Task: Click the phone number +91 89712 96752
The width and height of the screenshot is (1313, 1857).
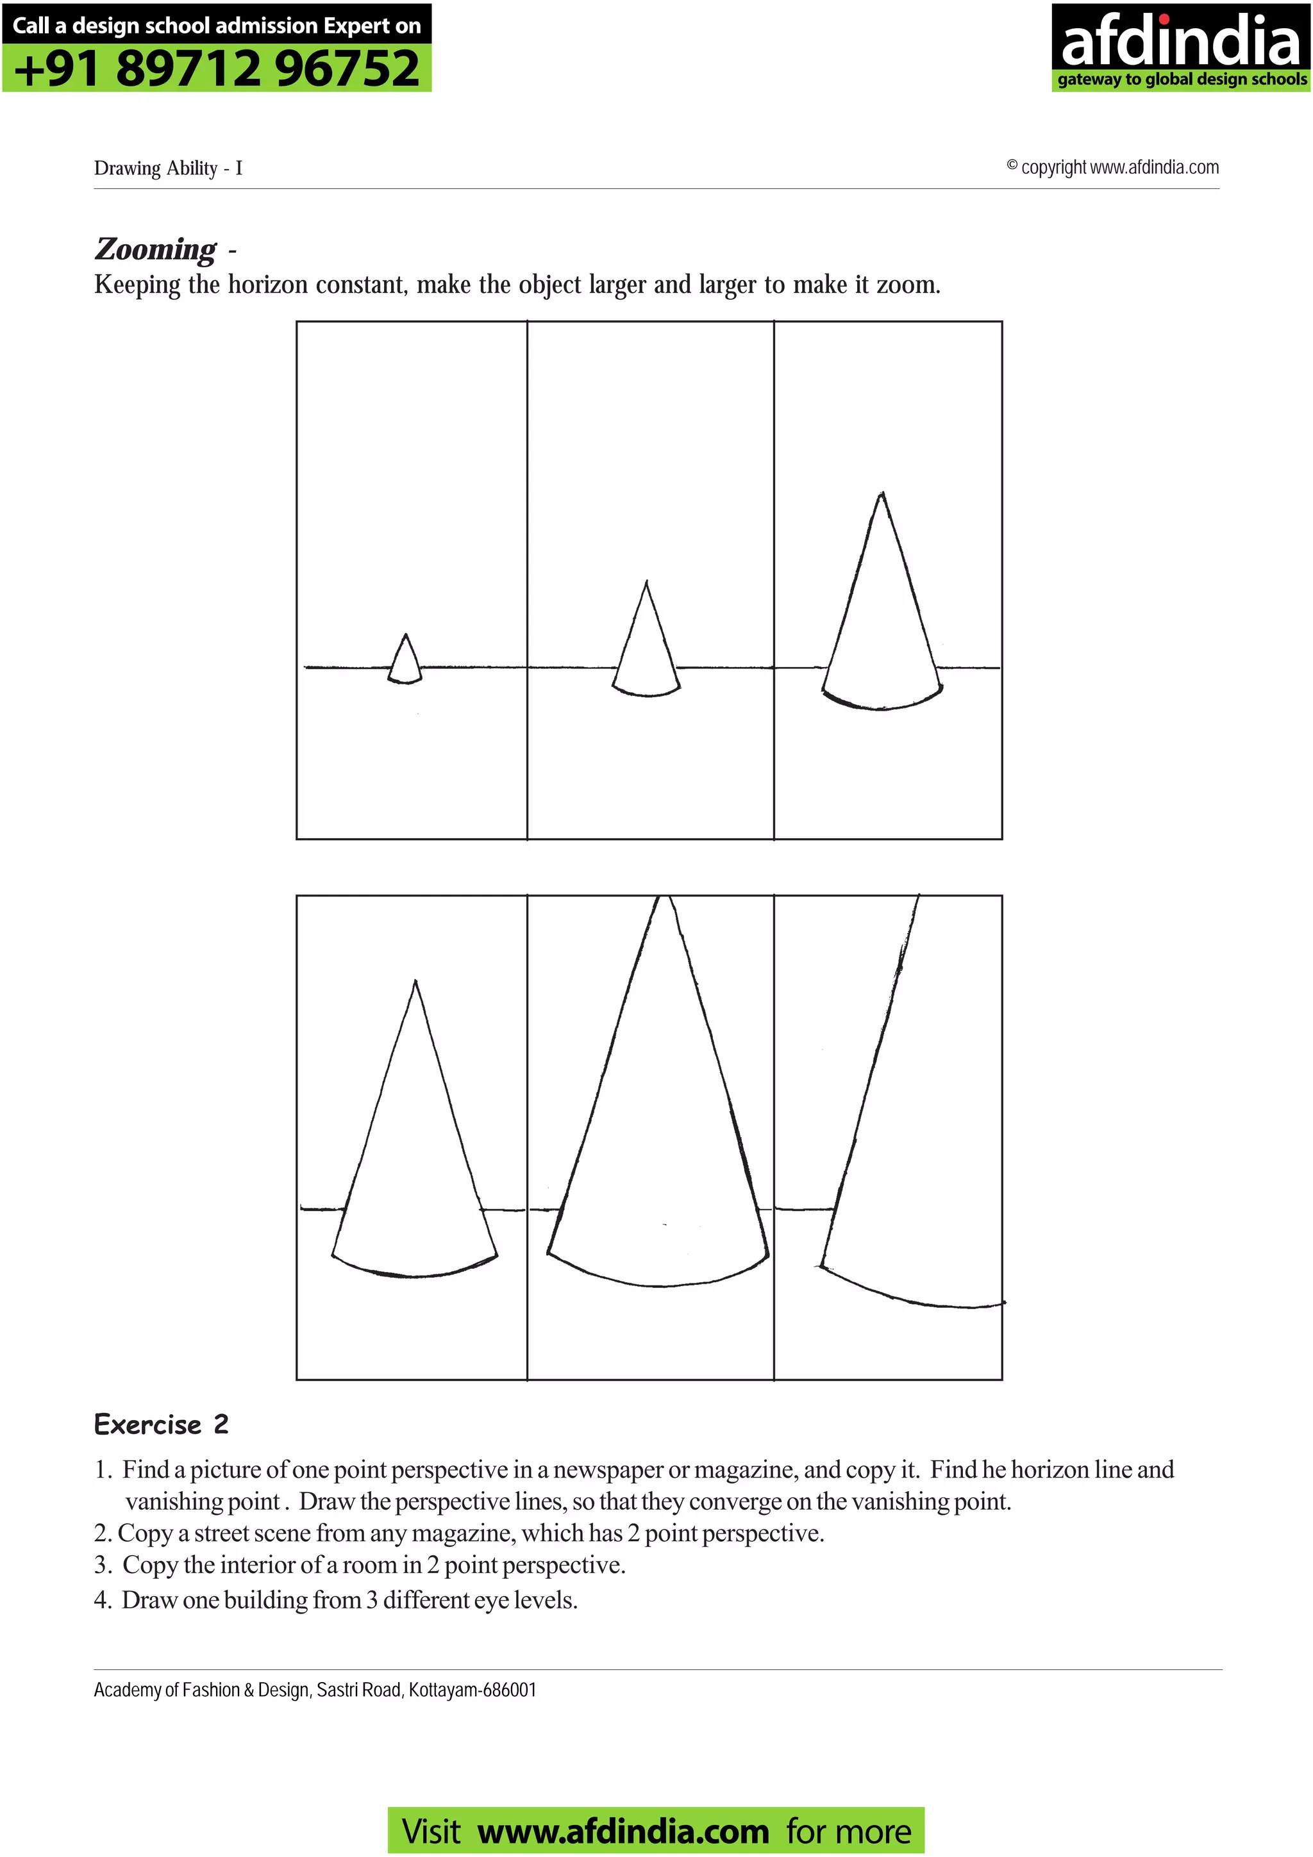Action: (x=217, y=68)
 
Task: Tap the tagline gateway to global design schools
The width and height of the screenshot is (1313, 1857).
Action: (x=1181, y=79)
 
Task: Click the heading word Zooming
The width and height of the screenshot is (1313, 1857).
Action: (x=155, y=249)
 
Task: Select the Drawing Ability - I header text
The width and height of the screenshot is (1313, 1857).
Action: (x=168, y=169)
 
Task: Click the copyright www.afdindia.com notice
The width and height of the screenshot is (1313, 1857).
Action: (x=1113, y=167)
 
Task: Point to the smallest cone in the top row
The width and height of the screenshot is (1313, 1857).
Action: (x=405, y=661)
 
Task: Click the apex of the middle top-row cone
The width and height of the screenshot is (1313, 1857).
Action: (x=646, y=582)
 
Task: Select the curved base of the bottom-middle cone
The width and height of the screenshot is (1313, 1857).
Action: (x=659, y=1284)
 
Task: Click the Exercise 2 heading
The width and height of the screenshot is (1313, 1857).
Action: (x=161, y=1424)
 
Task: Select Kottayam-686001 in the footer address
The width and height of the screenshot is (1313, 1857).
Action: (x=472, y=1690)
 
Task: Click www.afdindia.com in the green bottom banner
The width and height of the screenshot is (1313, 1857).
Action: (x=623, y=1832)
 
